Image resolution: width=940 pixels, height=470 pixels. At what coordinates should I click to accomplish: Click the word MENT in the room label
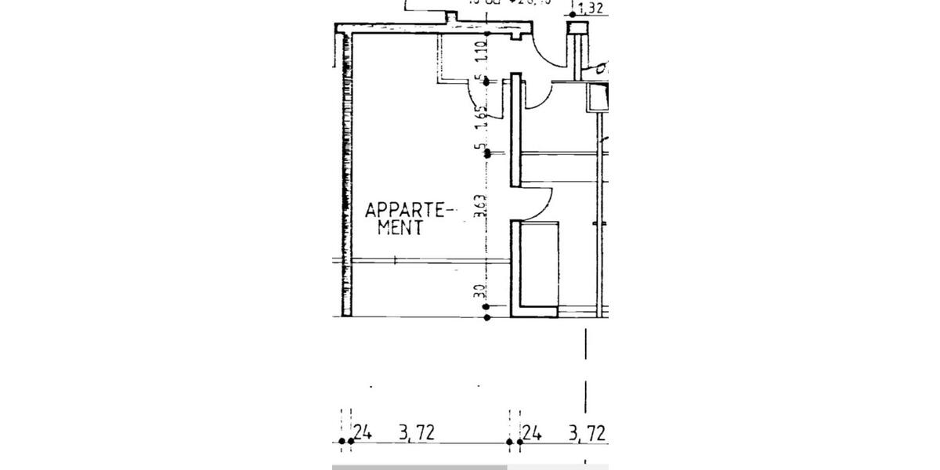(x=400, y=228)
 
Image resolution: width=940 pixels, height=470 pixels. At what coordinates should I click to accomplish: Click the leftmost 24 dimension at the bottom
(x=361, y=432)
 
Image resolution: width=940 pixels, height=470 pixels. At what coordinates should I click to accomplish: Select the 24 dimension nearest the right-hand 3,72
(x=532, y=432)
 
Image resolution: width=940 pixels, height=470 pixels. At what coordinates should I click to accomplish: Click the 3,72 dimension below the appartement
(x=416, y=432)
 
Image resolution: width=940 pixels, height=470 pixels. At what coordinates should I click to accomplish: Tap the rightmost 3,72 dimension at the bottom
(x=586, y=432)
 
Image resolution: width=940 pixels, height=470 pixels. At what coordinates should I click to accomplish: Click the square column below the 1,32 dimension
(x=580, y=30)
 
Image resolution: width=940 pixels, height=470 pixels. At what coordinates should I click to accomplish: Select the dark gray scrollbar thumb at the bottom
(x=420, y=467)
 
